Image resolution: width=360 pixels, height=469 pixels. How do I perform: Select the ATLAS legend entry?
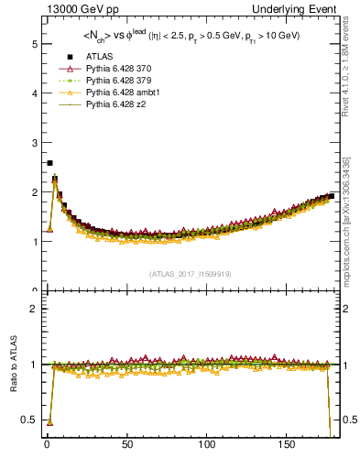(x=99, y=58)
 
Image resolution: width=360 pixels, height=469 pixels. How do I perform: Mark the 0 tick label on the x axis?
(x=47, y=445)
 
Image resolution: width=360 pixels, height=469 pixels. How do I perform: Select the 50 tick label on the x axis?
(x=127, y=445)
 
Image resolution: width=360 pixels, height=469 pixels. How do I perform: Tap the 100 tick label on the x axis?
(x=208, y=445)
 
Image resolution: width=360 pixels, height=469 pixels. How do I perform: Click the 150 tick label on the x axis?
(x=289, y=445)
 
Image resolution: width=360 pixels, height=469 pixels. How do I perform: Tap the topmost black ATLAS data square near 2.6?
(x=49, y=163)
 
